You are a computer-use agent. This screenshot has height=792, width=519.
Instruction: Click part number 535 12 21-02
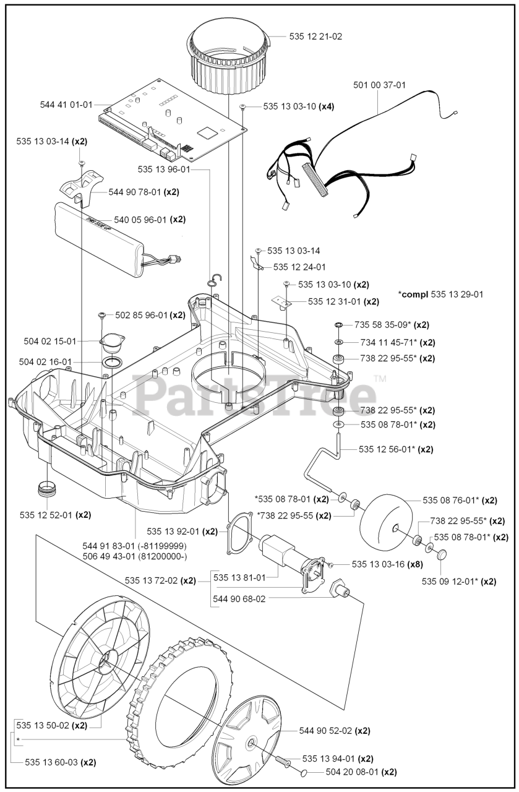click(x=315, y=37)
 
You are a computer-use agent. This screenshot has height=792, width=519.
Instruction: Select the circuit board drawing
click(x=173, y=118)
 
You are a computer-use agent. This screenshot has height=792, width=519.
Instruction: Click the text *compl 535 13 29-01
click(x=441, y=294)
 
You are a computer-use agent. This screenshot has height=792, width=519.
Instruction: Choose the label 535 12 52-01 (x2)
click(x=55, y=515)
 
